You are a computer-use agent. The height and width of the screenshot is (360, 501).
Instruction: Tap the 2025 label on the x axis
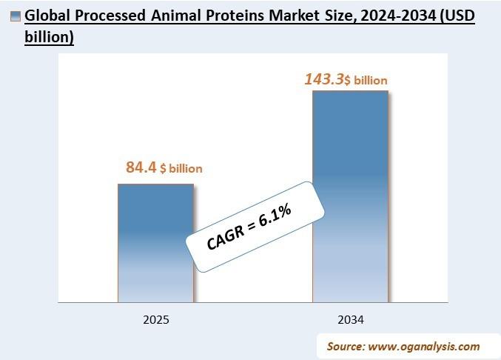click(x=156, y=320)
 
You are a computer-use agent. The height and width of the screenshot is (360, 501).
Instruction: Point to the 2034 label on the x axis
click(x=350, y=320)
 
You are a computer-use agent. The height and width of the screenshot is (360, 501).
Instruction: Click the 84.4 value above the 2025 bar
click(x=141, y=167)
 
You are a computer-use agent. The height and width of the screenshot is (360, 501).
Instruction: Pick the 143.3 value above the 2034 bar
click(x=324, y=79)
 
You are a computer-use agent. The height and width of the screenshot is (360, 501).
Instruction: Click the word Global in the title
click(x=47, y=16)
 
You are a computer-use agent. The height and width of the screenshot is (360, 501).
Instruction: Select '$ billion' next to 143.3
click(x=367, y=80)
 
